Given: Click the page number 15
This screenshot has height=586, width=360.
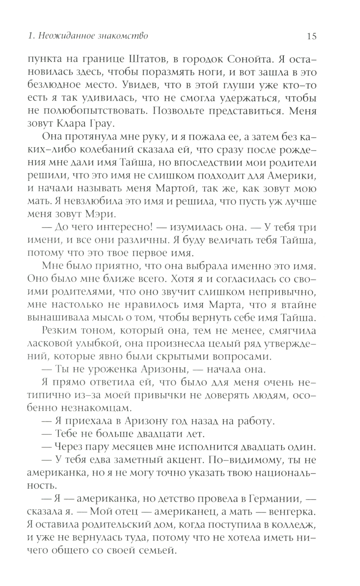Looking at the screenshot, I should pos(311,36).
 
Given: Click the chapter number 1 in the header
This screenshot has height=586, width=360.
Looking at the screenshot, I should pos(30,36).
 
